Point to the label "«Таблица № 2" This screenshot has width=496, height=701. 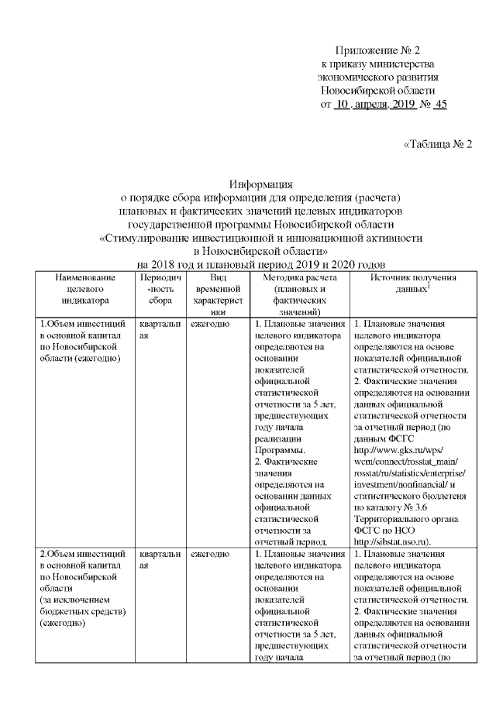[x=438, y=145]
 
